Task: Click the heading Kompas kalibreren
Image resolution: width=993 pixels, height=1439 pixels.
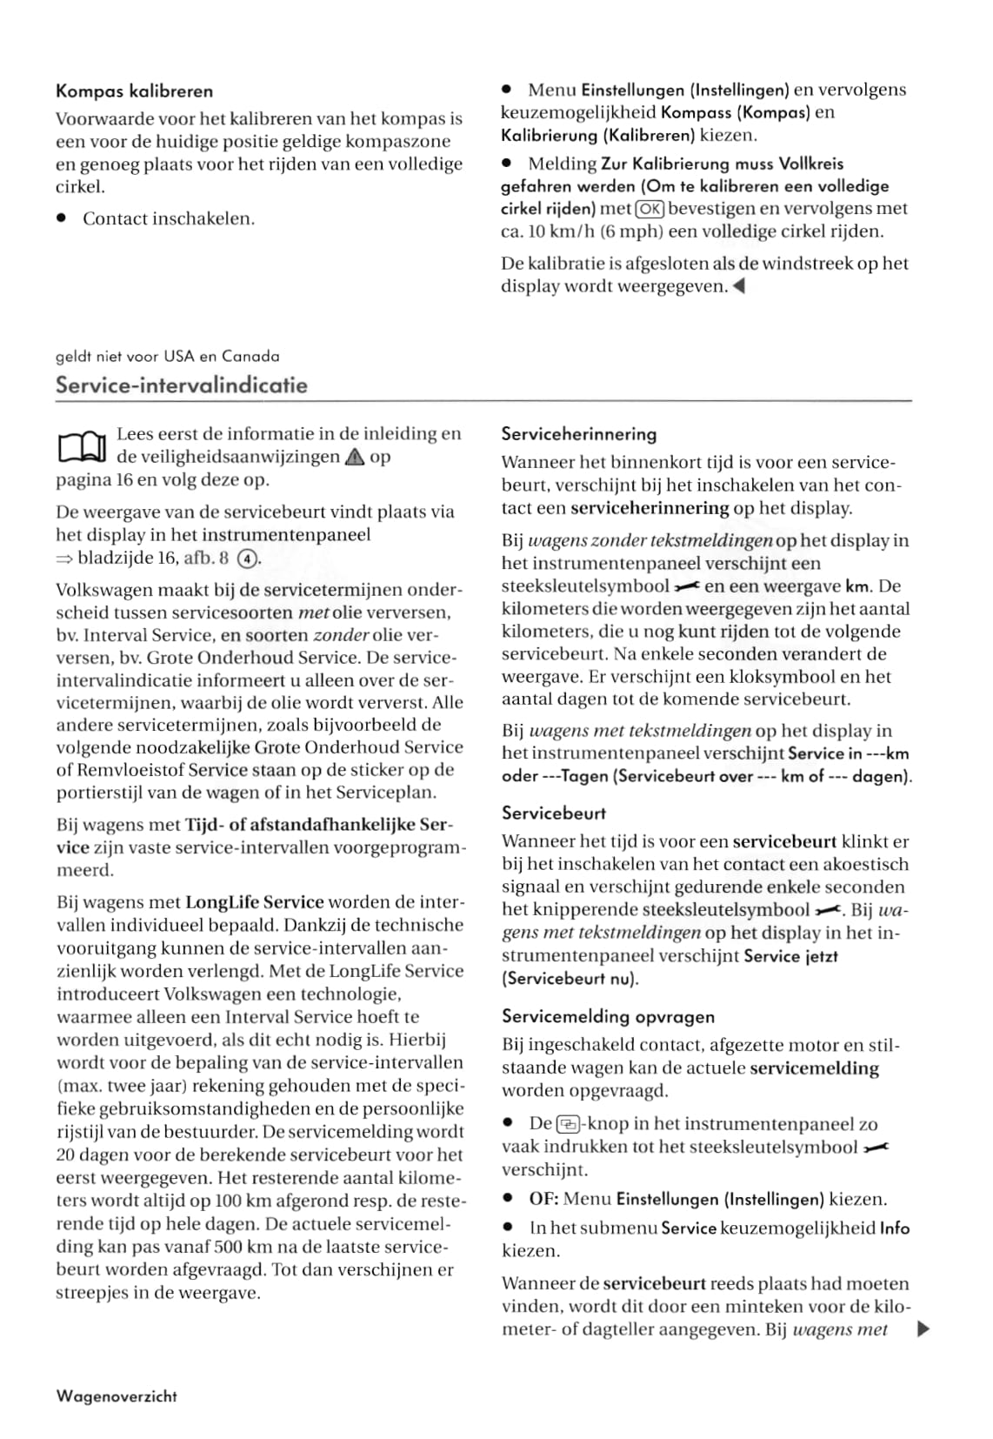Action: point(134,91)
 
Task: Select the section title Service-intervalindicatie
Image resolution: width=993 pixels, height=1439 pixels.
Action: point(181,385)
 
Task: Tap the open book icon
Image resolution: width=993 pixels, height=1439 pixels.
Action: point(81,447)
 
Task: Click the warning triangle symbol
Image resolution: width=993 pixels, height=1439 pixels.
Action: point(355,458)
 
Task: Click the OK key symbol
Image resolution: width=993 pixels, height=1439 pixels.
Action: point(650,209)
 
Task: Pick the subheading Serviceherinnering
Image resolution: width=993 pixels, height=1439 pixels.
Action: point(579,434)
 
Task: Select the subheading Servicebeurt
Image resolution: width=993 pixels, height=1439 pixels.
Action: point(554,813)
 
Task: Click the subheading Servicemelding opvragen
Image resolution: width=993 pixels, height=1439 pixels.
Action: point(608,1017)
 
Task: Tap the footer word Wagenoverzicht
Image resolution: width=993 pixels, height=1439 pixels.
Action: point(117,1396)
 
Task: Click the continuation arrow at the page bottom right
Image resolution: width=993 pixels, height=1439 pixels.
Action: point(924,1329)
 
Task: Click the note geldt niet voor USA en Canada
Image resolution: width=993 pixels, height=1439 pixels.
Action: point(167,357)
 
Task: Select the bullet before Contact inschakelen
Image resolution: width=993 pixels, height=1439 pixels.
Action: point(62,219)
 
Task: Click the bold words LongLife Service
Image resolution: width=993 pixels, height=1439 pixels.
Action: point(255,903)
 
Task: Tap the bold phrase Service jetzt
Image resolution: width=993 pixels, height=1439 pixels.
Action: point(791,956)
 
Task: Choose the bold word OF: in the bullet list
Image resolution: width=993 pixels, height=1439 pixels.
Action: point(543,1200)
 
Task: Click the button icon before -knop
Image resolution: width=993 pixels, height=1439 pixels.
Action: point(566,1124)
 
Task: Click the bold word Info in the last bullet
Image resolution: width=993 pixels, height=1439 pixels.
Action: point(894,1228)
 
